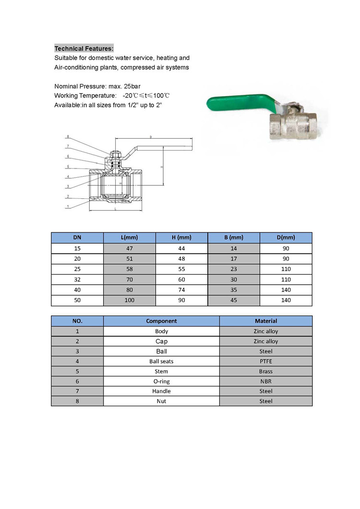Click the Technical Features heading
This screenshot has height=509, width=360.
point(84,48)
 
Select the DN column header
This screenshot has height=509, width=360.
point(77,238)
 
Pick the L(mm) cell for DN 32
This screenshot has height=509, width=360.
point(129,279)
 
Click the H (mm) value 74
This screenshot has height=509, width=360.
point(181,290)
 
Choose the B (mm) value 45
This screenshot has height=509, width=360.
point(234,301)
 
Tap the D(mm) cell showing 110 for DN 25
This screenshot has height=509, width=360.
point(286,269)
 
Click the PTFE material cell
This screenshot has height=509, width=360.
point(266,361)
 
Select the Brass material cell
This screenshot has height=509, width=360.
point(266,371)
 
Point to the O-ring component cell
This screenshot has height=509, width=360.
point(161,381)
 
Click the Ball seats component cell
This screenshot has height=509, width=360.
point(161,361)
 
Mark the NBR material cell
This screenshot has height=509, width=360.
point(266,381)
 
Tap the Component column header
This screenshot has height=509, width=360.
point(161,321)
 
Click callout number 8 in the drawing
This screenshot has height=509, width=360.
point(68,137)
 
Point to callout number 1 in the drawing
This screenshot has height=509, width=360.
point(68,206)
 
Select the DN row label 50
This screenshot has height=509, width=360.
point(77,301)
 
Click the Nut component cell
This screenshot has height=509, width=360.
point(161,401)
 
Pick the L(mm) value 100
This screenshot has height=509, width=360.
point(129,301)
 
